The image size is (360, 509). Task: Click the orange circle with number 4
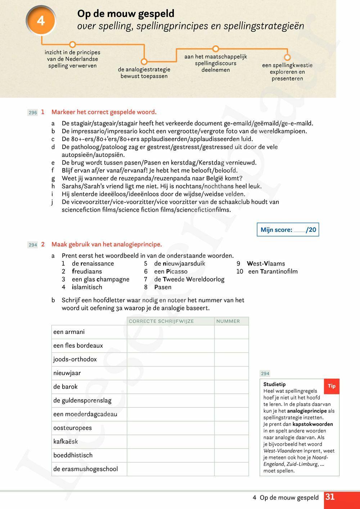coord(41,21)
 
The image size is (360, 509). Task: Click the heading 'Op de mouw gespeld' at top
coord(126,14)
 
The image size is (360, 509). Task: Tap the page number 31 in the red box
coord(330,497)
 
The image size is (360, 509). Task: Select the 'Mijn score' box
coord(288,230)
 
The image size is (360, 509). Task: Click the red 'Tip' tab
coord(332,386)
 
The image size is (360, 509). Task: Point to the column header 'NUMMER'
coord(228,321)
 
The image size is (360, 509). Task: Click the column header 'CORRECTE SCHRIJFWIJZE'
coord(161,321)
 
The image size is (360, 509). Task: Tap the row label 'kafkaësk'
coord(66,441)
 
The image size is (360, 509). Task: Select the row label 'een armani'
coord(69,332)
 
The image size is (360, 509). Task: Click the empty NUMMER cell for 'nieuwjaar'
coord(231,373)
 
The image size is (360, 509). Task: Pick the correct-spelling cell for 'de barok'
coord(170,387)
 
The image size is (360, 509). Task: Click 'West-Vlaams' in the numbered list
coord(266,263)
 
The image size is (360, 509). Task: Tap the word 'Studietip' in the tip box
coord(274,384)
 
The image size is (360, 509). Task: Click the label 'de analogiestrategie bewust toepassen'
coord(144,72)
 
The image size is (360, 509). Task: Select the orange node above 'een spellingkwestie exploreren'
coord(287,57)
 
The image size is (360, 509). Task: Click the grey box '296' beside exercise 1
coord(33,113)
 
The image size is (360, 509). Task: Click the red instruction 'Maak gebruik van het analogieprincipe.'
coord(107,244)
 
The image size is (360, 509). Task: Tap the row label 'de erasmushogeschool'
coord(85,469)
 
